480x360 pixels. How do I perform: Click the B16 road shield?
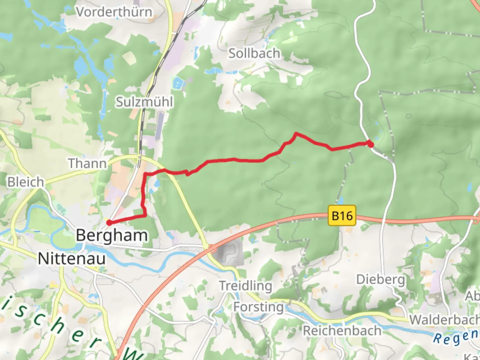[x=342, y=216]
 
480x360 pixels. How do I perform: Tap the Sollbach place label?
[x=254, y=53]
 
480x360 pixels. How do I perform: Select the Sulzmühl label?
[x=144, y=102]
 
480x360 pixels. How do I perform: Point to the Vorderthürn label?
[x=114, y=12]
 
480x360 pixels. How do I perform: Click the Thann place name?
[x=87, y=163]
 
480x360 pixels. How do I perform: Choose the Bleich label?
[x=26, y=182]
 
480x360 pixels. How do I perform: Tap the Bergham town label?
[x=112, y=235]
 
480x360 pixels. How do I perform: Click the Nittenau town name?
[x=72, y=259]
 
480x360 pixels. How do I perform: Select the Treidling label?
[x=245, y=286]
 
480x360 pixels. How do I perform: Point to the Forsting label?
[x=258, y=307]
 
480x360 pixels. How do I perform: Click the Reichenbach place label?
[x=342, y=331]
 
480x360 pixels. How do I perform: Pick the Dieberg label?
[x=381, y=279]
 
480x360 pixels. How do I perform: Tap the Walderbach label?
[x=444, y=320]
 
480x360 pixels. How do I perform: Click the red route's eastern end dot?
[x=370, y=144]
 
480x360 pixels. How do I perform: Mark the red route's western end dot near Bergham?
[x=109, y=223]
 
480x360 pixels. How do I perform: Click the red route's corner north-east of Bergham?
[x=145, y=215]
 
